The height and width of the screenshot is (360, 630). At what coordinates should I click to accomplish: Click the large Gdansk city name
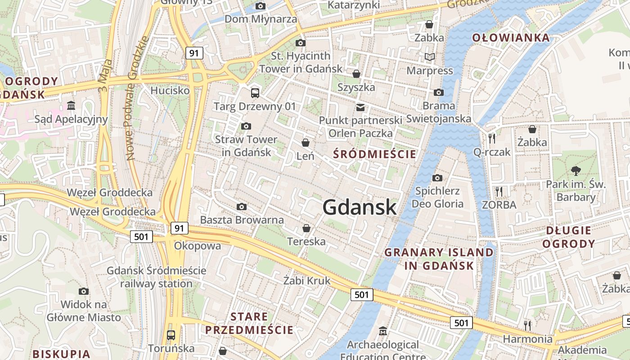(x=360, y=207)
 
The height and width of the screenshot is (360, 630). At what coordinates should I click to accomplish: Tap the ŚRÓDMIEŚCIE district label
(x=374, y=154)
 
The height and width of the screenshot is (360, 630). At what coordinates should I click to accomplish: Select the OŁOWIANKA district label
(x=511, y=38)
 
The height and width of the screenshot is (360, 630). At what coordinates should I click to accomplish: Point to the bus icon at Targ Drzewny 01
(x=255, y=93)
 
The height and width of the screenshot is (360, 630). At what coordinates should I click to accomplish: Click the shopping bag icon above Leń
(x=306, y=143)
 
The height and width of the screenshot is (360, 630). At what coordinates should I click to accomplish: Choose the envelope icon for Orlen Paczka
(x=360, y=107)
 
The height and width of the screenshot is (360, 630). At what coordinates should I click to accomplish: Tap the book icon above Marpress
(x=430, y=57)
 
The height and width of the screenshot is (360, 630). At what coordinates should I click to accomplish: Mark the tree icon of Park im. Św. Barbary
(x=576, y=171)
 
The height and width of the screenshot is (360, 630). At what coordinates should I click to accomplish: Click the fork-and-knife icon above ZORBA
(x=499, y=192)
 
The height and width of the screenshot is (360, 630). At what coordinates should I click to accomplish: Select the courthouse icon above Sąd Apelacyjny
(x=71, y=106)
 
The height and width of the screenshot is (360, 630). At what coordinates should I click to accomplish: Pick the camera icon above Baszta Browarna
(x=242, y=207)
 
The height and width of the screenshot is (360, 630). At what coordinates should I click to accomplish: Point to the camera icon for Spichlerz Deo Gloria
(x=437, y=178)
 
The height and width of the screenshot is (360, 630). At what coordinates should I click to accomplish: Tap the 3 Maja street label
(x=104, y=75)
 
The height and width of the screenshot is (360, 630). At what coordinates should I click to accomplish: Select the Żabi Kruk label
(x=307, y=281)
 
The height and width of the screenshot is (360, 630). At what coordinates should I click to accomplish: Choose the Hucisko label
(x=170, y=90)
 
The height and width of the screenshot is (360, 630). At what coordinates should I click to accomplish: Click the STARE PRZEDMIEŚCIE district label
(x=249, y=323)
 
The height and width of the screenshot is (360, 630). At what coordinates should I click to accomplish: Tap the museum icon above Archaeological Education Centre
(x=382, y=331)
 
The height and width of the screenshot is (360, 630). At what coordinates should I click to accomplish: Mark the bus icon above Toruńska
(x=171, y=335)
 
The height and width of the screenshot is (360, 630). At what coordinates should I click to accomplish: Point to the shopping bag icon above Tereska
(x=306, y=228)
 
